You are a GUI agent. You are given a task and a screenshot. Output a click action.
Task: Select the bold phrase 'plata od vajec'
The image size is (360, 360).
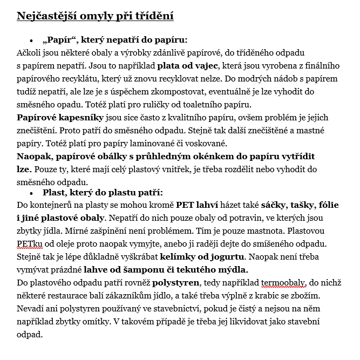coord(187,66)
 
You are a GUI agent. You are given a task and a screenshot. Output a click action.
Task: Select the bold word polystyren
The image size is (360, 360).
coord(174,282)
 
